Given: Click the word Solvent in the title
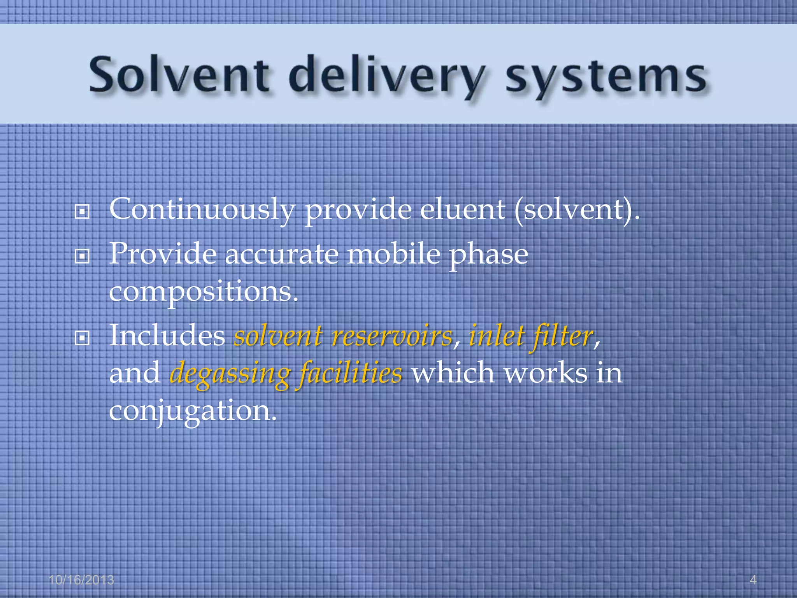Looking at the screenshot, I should pos(179,74).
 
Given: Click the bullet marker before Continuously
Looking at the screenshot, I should pos(82,212).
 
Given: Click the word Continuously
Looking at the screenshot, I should pos(202,210).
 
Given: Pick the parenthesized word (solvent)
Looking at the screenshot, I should pos(576,210).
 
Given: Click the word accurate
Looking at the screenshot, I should pos(282,254).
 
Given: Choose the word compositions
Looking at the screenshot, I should pos(203,292).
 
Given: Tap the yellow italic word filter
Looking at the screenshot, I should pos(562,336).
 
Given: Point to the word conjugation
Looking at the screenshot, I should pos(193,411).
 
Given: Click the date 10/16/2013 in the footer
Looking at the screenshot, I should pos(81,580).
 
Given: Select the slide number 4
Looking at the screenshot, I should pos(753,580).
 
